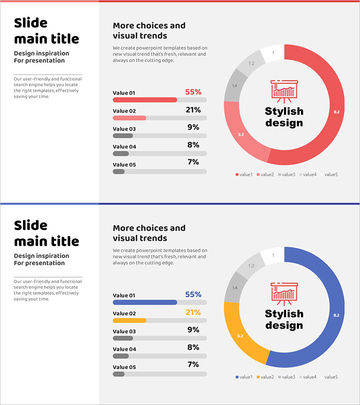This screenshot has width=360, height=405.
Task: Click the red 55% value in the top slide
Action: pos(193,92)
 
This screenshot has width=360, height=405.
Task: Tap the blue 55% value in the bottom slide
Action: pos(193,294)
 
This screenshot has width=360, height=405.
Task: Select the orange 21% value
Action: pos(193,312)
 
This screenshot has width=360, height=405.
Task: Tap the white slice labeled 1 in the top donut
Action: pos(273,54)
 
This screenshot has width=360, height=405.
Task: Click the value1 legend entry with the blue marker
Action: pos(244,377)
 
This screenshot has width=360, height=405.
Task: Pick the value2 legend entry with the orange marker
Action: pos(265,377)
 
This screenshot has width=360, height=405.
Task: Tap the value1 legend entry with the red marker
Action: pos(244,174)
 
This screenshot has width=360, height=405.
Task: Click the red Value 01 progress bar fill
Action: pos(144,99)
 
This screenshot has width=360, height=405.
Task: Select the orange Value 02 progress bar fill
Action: pos(130,320)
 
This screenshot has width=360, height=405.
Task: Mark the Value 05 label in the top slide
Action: pos(124,165)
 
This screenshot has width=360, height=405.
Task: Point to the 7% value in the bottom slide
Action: pos(193,364)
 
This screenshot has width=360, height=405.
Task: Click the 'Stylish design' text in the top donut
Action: pos(284,117)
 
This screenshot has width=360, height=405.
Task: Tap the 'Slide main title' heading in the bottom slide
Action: pos(46,233)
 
